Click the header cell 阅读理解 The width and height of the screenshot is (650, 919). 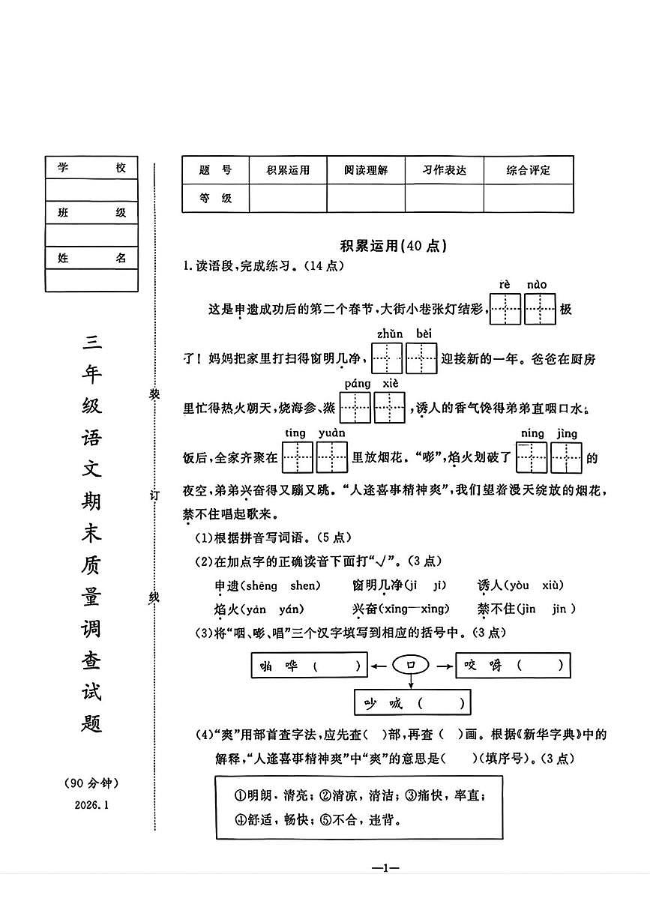(x=366, y=170)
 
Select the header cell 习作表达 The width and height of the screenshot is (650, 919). (x=444, y=170)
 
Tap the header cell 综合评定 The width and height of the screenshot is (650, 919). (x=528, y=170)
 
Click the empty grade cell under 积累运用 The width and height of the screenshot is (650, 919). (x=288, y=199)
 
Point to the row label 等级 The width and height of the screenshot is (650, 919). (x=215, y=199)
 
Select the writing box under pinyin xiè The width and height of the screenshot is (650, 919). (x=390, y=408)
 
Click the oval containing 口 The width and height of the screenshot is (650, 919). (x=410, y=664)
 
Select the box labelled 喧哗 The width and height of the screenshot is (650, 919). (x=308, y=665)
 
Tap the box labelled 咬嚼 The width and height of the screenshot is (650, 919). (x=512, y=665)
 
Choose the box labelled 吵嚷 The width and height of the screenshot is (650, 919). (x=412, y=703)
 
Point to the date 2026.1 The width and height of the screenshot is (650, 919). (x=91, y=804)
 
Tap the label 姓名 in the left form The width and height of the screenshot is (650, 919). (x=91, y=258)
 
